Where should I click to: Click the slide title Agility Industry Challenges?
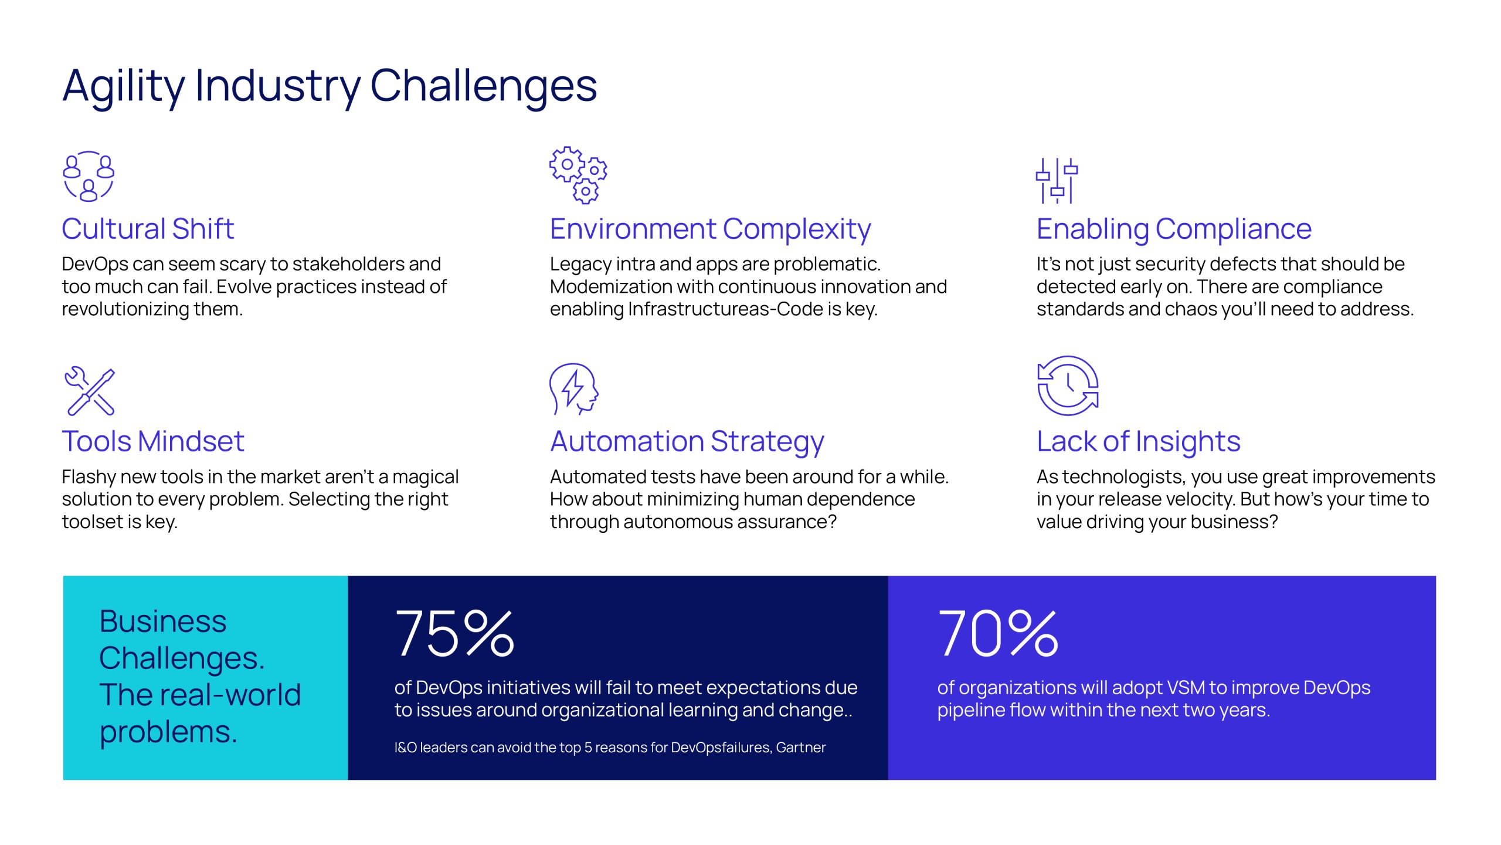pos(330,86)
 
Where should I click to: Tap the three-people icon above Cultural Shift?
pos(89,177)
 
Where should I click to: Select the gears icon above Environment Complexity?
pos(578,175)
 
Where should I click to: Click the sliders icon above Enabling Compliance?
pos(1057,180)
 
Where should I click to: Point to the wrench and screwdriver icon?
pos(90,391)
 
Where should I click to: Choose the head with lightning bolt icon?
pos(573,388)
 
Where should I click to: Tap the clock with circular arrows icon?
pos(1068,386)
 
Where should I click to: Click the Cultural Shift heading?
pos(148,229)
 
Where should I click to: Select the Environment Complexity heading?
pos(710,229)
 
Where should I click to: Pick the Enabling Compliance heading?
pos(1174,229)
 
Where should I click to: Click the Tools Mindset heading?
pos(153,441)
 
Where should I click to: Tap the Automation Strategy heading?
pos(687,441)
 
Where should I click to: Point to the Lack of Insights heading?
pos(1138,441)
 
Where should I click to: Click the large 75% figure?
pos(454,633)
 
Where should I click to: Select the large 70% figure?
pos(998,633)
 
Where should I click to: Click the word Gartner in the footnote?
pos(800,748)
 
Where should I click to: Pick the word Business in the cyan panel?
pos(163,621)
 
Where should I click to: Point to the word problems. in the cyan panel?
pos(168,732)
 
